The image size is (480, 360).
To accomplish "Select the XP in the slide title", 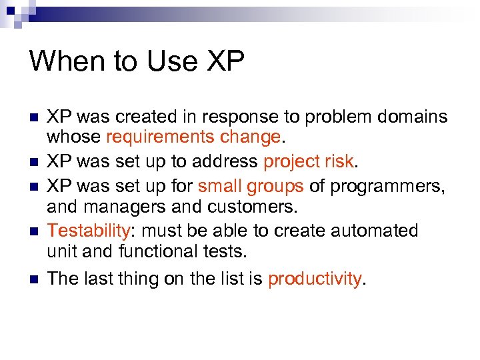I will [x=226, y=61].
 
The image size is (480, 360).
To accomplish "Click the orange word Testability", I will [x=87, y=231].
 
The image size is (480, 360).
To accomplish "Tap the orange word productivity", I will [x=315, y=279].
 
